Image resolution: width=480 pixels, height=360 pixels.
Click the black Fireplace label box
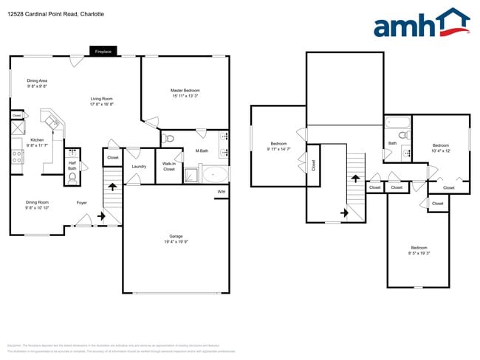click(103, 52)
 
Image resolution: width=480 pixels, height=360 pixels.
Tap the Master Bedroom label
click(185, 90)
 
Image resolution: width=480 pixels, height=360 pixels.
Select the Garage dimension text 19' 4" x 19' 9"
click(176, 242)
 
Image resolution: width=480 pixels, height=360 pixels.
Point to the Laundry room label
click(139, 166)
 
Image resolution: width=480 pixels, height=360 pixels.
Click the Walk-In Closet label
click(169, 166)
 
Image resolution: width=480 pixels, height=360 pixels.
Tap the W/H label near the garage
click(221, 193)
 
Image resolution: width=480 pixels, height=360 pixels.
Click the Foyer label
click(82, 202)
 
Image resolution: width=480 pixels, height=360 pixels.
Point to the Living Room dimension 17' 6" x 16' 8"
click(102, 104)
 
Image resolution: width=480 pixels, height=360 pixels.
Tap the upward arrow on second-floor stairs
click(357, 178)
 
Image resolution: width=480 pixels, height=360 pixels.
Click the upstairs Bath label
click(392, 143)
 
